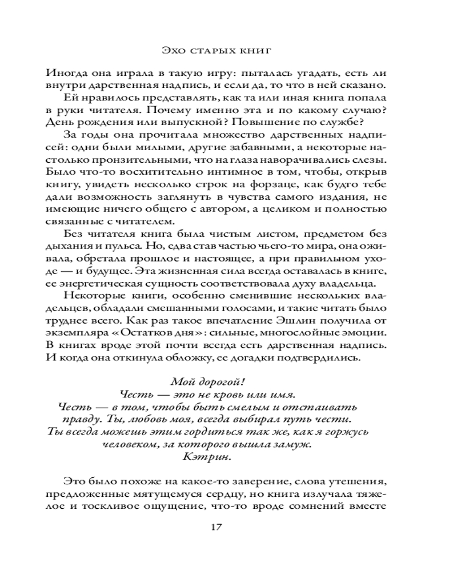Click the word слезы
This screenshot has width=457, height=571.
[373, 160]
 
